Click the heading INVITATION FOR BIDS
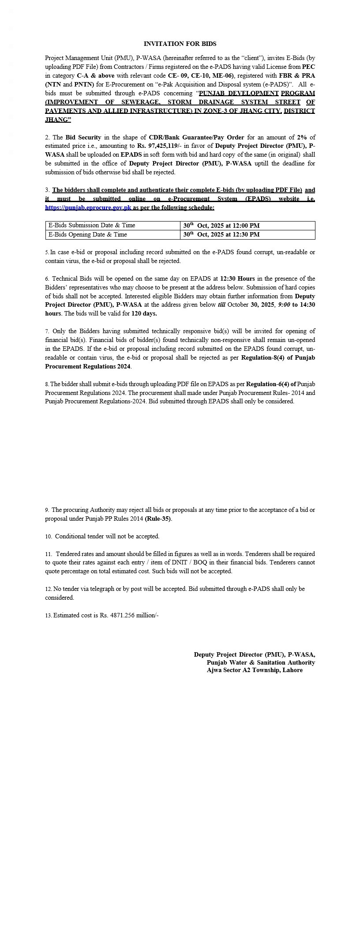tap(180, 44)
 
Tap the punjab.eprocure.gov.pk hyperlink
tap(88, 207)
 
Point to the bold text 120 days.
tap(144, 314)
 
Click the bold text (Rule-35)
tap(158, 519)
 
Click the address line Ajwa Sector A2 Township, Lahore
tap(255, 670)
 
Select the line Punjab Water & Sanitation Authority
tap(261, 662)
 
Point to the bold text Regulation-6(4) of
tap(271, 384)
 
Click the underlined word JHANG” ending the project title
tap(58, 120)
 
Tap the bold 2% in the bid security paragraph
tap(302, 137)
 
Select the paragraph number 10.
tap(49, 537)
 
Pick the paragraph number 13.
tap(49, 615)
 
